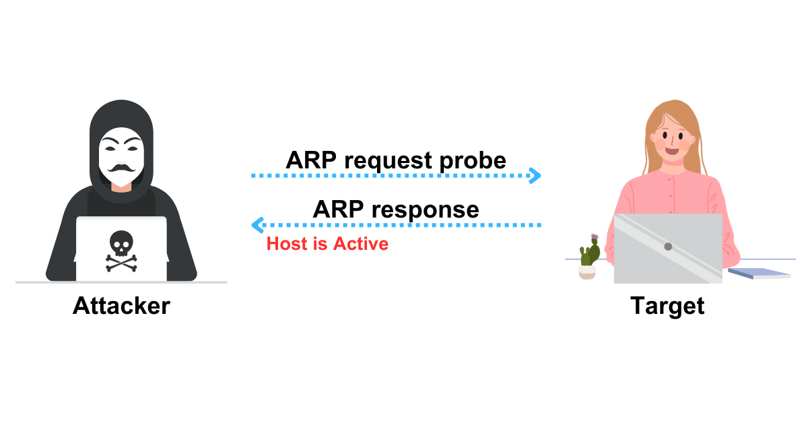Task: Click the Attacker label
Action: tap(121, 306)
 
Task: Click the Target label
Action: tap(667, 306)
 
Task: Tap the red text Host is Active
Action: tap(327, 244)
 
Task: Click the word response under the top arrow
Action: tap(426, 209)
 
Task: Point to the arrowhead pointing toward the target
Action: tap(535, 176)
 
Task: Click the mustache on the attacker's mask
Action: tap(122, 168)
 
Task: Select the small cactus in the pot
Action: tap(589, 255)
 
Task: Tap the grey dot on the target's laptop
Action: tap(668, 247)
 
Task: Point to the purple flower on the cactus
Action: tap(595, 238)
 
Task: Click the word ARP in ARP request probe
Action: tap(310, 161)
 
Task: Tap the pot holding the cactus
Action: tap(587, 272)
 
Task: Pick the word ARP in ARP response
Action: tap(337, 209)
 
